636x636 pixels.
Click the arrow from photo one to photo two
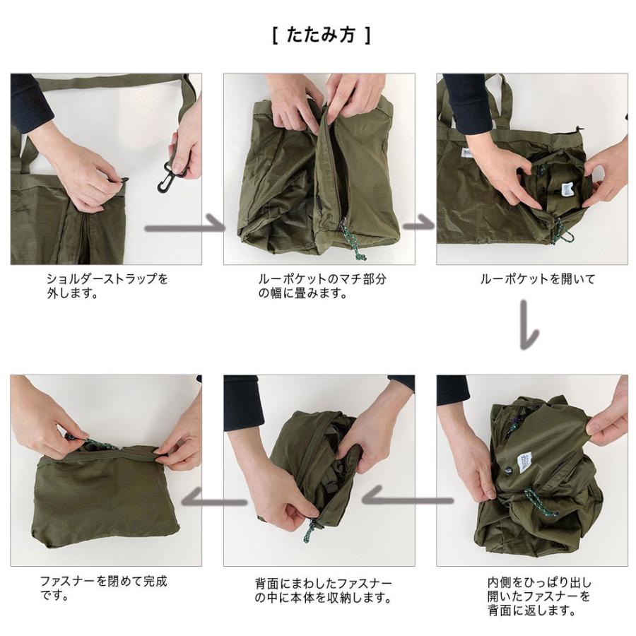[x=185, y=228]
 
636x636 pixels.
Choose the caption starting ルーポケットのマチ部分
[x=322, y=285]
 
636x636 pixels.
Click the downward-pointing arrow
[x=529, y=324]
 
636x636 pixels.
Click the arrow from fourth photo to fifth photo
[x=406, y=499]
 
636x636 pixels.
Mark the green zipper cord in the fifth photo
[x=309, y=529]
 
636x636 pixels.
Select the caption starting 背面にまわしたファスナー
[x=322, y=591]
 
